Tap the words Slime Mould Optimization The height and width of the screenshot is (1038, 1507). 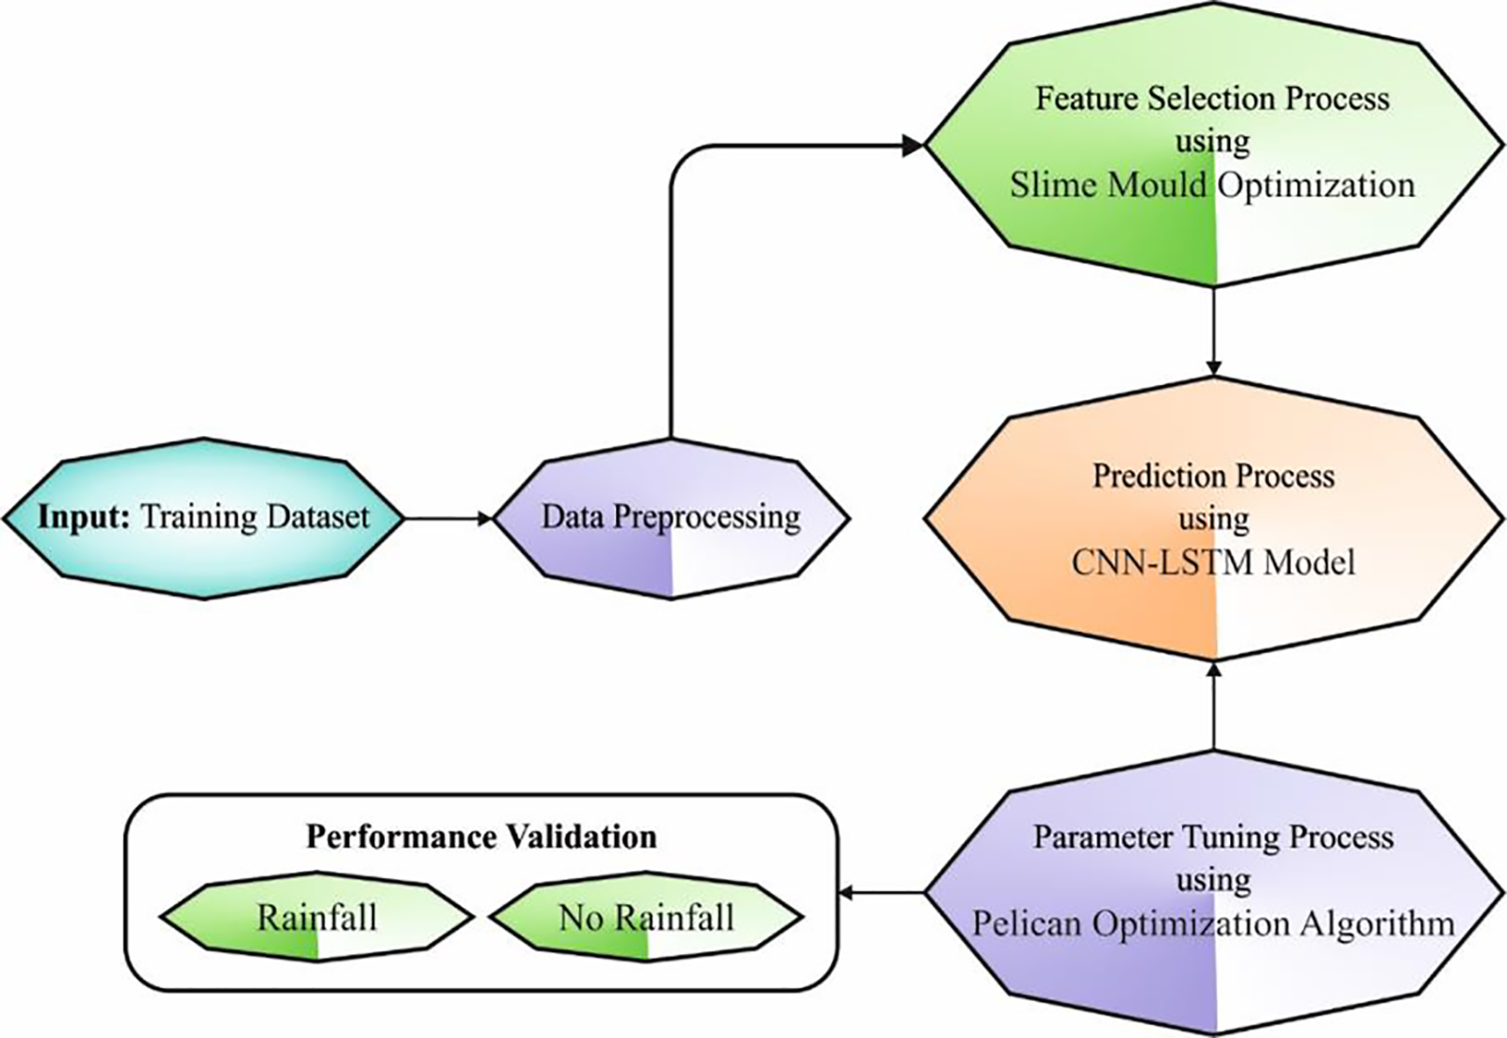1212,185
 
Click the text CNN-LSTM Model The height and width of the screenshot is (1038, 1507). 1213,562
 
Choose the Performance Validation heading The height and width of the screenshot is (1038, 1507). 481,836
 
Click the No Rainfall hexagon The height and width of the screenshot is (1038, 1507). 646,917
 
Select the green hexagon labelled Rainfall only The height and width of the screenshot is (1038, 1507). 316,917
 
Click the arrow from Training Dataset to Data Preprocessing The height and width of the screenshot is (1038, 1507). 448,518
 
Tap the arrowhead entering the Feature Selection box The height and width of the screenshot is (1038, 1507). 912,145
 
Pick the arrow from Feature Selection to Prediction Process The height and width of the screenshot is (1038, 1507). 1214,330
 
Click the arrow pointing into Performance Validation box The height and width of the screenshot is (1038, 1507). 881,892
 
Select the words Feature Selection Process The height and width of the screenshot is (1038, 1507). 1212,99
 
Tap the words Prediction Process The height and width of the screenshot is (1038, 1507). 1213,476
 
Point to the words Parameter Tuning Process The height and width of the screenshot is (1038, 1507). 1213,836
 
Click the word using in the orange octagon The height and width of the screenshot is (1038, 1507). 1213,519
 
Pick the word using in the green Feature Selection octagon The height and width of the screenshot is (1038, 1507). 1212,142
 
